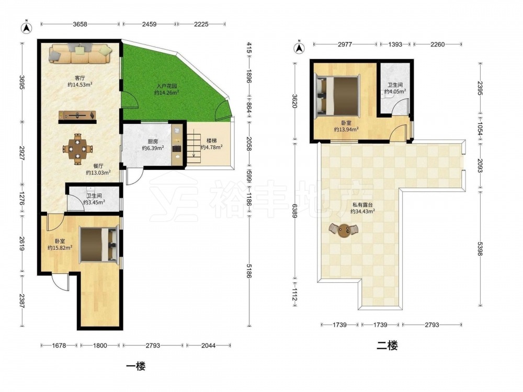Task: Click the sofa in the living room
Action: (x=81, y=54)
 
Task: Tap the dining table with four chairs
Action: (x=78, y=148)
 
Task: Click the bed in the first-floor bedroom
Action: (x=99, y=244)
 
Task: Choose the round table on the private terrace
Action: (x=344, y=230)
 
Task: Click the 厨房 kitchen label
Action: (x=153, y=141)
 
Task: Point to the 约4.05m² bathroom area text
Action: (x=395, y=91)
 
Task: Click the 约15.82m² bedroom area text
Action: (x=60, y=248)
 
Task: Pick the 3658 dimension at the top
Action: (x=80, y=24)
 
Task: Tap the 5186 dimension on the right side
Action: (x=248, y=271)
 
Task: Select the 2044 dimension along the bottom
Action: (x=209, y=345)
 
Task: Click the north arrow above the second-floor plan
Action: (x=299, y=48)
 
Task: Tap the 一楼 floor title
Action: (x=136, y=367)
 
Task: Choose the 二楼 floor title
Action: (x=387, y=345)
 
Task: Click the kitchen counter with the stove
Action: (x=177, y=144)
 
